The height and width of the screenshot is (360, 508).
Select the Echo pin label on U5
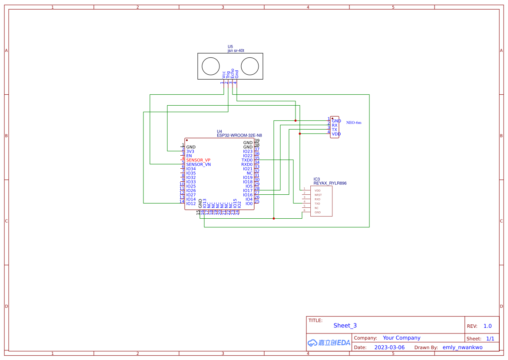[x=232, y=73]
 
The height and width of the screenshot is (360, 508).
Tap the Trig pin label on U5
[x=228, y=74]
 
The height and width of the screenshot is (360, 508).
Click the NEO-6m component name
[x=354, y=123]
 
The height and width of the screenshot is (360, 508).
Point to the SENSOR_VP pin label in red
[x=198, y=160]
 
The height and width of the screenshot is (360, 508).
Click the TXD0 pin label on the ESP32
[x=247, y=160]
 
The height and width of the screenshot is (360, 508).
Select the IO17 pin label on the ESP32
[x=248, y=190]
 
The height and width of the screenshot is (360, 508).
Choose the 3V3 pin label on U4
[x=190, y=151]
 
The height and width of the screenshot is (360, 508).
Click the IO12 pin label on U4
[x=191, y=203]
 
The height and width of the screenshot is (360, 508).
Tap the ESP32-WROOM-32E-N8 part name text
[x=239, y=135]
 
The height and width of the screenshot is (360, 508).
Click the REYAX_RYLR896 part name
[x=330, y=183]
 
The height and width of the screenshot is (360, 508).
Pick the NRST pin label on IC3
[x=318, y=195]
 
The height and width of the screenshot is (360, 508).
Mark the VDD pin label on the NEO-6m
[x=336, y=134]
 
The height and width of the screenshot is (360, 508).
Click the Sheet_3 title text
[x=345, y=325]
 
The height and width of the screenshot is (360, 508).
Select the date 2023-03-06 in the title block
[x=389, y=347]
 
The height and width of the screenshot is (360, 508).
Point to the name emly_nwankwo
[x=462, y=347]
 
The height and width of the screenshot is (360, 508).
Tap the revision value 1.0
[x=488, y=326]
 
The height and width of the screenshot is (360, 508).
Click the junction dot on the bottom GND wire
[x=273, y=218]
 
